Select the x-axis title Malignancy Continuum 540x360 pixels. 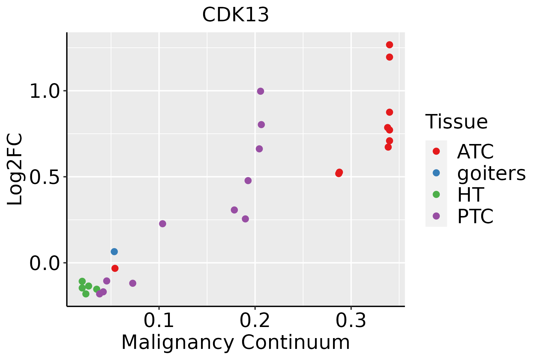coord(235,342)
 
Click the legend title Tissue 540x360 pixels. coord(457,122)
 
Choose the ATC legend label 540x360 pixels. coord(475,151)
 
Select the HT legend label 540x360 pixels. coord(470,195)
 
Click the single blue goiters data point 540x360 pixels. coord(114,252)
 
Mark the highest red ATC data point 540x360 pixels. coord(389,45)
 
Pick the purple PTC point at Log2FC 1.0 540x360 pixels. coord(260,91)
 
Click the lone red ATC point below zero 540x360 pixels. coord(115,268)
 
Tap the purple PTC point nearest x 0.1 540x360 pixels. coord(163,224)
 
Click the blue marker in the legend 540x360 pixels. coord(436,173)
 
